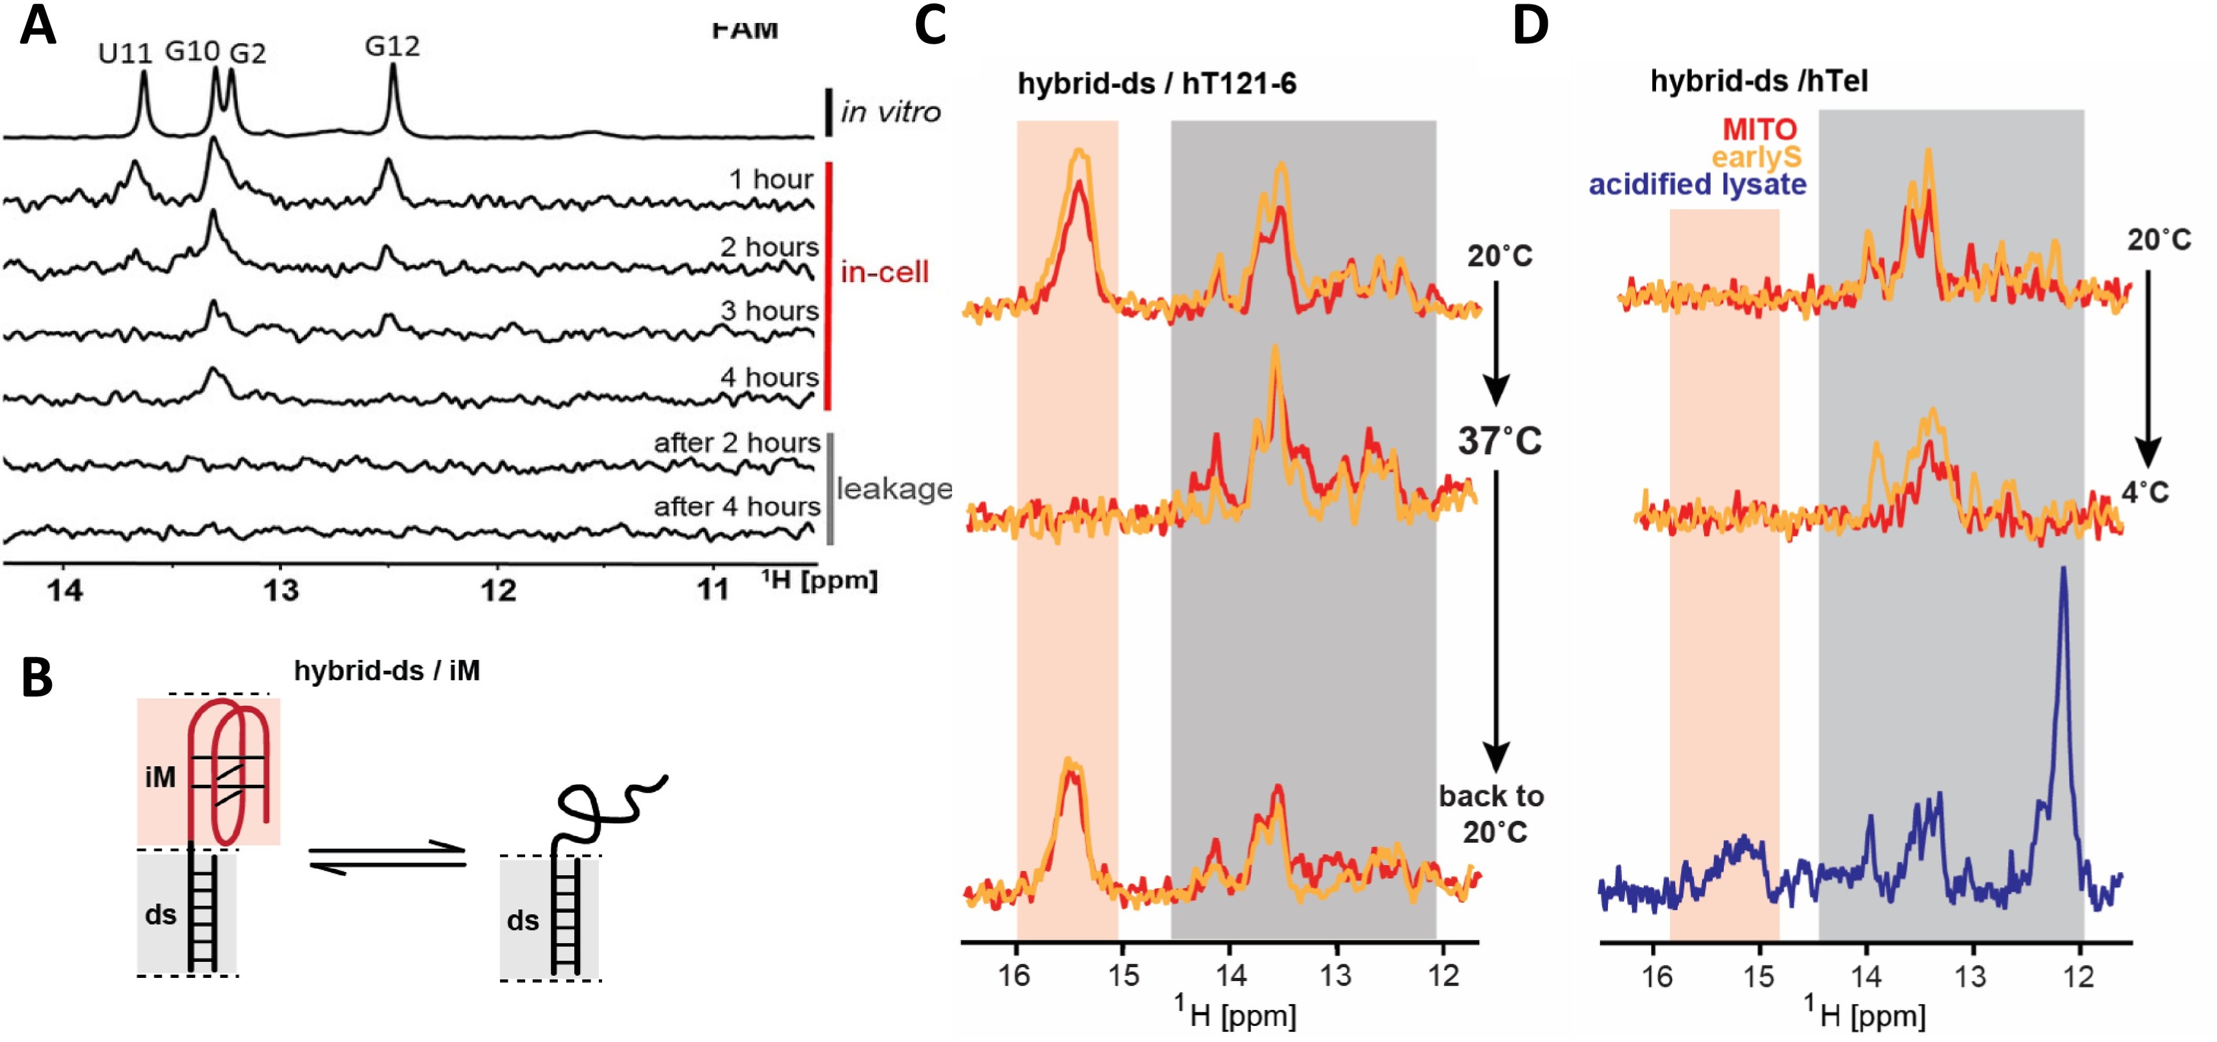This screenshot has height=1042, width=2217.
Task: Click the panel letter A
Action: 38,26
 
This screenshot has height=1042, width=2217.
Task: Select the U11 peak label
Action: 125,53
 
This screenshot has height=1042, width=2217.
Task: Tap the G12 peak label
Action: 392,46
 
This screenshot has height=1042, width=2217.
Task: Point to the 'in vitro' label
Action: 890,112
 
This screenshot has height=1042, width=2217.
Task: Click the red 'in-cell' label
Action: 885,273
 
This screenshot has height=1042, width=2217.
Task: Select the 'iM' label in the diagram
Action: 160,778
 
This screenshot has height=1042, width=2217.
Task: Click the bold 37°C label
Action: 1499,441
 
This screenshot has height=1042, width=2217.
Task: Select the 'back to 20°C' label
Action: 1491,814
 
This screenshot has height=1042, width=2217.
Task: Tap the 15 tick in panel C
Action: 1123,976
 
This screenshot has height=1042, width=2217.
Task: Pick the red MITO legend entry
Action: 1759,130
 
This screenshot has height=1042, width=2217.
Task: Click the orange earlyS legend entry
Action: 1755,158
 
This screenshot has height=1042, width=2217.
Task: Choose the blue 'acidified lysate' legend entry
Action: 1697,185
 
